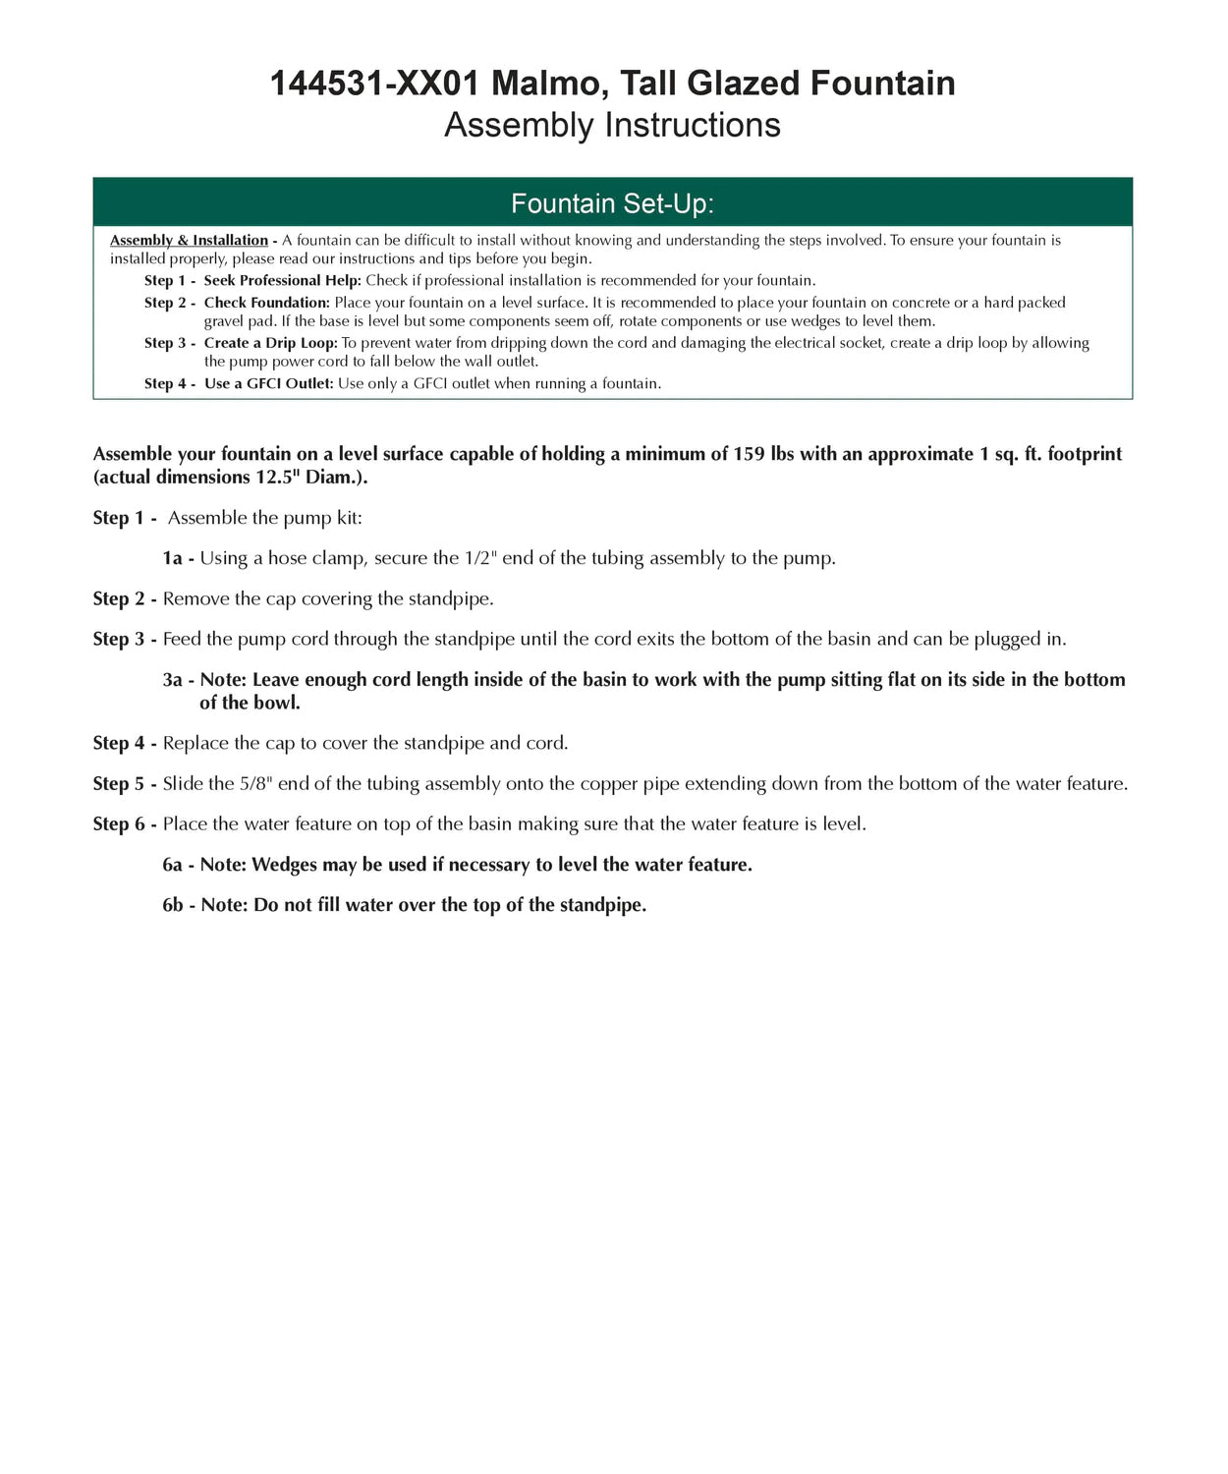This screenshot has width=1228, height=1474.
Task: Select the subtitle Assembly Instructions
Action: click(x=612, y=126)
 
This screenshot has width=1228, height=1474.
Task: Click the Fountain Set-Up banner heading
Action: click(x=612, y=203)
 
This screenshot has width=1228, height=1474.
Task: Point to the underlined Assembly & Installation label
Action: click(x=189, y=241)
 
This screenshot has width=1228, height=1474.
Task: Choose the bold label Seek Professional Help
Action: click(x=282, y=281)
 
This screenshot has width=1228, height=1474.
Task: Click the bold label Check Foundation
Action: click(x=266, y=303)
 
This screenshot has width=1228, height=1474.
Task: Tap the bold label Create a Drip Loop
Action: click(x=270, y=343)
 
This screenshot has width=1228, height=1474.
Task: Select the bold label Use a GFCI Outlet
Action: click(x=268, y=383)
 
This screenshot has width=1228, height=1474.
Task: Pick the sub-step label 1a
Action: click(x=173, y=558)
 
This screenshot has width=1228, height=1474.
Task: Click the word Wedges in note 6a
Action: click(x=286, y=865)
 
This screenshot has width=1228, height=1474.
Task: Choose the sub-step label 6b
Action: click(x=173, y=905)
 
